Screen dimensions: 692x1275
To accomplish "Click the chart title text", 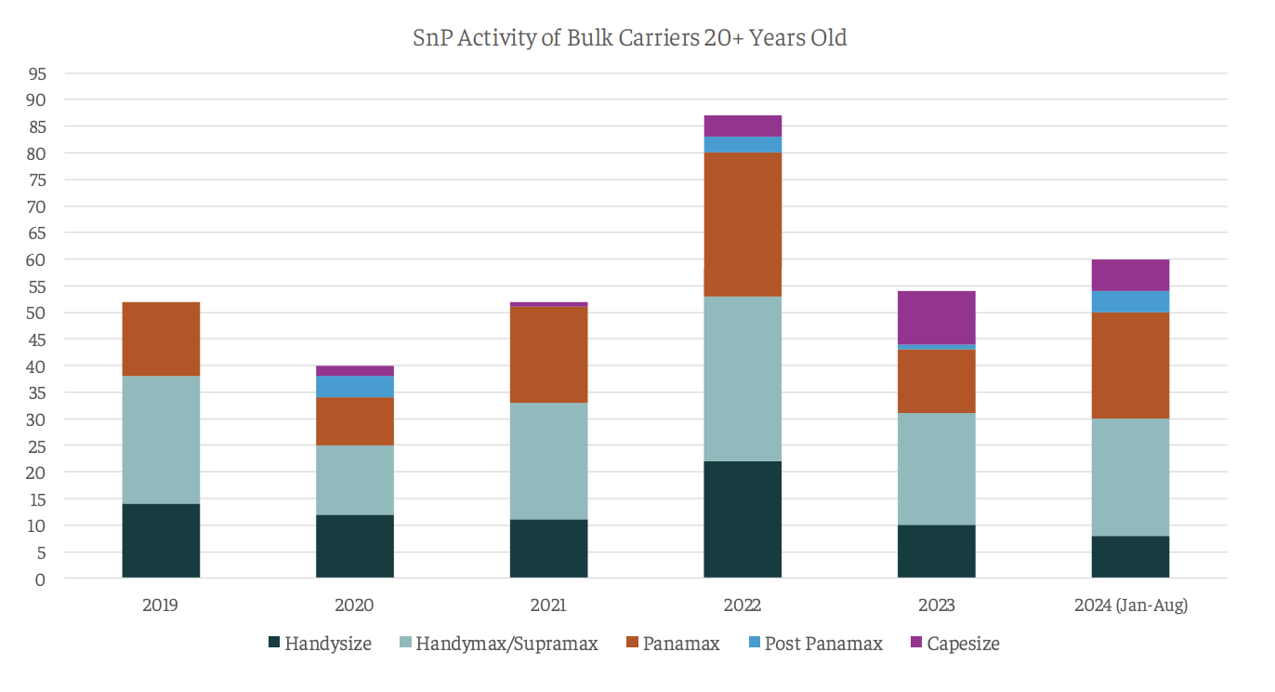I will pos(630,38).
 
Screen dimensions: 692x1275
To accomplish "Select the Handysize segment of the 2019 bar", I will pos(161,540).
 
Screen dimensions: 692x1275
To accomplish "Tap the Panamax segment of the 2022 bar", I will pos(743,224).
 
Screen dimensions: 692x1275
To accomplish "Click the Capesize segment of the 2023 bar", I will pos(937,318).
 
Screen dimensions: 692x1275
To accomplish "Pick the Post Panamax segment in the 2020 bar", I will pos(355,386).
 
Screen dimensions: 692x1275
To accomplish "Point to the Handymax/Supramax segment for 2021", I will pos(548,460).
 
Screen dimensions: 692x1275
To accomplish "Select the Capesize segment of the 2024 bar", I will pos(1130,275).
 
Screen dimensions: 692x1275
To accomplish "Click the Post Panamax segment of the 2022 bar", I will pos(743,144).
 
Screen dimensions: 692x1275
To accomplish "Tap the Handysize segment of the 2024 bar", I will pos(1130,556).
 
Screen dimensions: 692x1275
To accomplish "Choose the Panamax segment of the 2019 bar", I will pos(161,339).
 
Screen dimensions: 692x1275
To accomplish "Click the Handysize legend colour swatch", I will pos(273,643).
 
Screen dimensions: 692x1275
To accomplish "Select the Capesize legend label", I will pos(963,643).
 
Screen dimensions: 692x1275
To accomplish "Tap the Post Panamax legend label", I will pos(823,643).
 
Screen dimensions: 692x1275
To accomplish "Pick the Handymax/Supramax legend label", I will pos(506,643).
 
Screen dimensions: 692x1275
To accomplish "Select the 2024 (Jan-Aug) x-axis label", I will pos(1130,605).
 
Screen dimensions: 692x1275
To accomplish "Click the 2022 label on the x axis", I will pos(743,605).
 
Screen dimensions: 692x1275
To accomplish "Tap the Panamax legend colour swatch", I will pos(632,643).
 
